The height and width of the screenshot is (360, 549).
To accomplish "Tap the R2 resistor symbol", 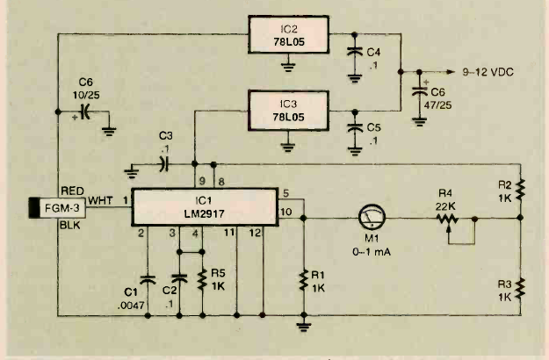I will pos(520,189).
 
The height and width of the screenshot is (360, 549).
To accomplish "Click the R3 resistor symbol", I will pos(520,287).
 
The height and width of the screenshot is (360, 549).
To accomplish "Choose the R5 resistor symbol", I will pos(203,279).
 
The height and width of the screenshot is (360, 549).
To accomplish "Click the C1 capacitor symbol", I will pos(148,280).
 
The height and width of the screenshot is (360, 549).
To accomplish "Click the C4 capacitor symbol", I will pos(354,51).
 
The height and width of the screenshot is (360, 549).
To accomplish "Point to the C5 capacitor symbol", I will pos(354,124).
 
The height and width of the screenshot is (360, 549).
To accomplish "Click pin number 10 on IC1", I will pos(286,211).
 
